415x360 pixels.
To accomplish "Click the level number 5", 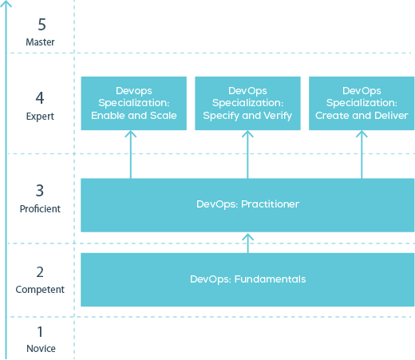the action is [41, 25].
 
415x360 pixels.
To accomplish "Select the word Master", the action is [40, 42].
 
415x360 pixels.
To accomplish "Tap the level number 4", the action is [40, 97].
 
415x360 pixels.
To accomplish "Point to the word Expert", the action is [40, 117].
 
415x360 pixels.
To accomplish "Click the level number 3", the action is [40, 191].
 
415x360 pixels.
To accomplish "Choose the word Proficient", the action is [40, 208].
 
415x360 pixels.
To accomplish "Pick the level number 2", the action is [40, 272].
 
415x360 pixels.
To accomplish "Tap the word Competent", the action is [40, 290].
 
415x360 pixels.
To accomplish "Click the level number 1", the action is [40, 331].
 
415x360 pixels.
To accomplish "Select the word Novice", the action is [41, 348].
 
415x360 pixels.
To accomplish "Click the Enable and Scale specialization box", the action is [134, 103].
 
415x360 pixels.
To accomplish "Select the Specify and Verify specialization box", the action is [247, 103].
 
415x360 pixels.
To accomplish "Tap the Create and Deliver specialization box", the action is [362, 103].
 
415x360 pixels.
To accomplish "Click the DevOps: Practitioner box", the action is [247, 205].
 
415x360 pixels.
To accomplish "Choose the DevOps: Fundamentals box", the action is [247, 279].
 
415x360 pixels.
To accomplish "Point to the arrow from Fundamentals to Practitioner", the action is [247, 243].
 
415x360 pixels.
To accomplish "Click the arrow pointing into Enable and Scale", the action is [131, 154].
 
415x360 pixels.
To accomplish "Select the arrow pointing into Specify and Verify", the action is [247, 154].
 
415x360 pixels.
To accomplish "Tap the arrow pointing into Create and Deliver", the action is [362, 154].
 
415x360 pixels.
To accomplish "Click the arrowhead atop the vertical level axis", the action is [6, 3].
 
